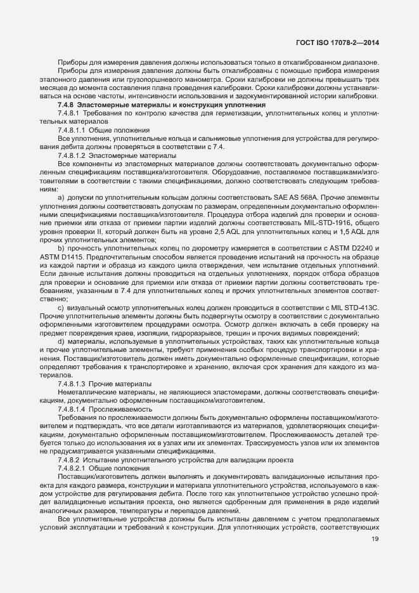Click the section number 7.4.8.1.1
(72, 129)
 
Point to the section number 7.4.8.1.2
(72, 155)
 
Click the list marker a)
(61, 197)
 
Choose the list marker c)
(61, 308)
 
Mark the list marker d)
(61, 342)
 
